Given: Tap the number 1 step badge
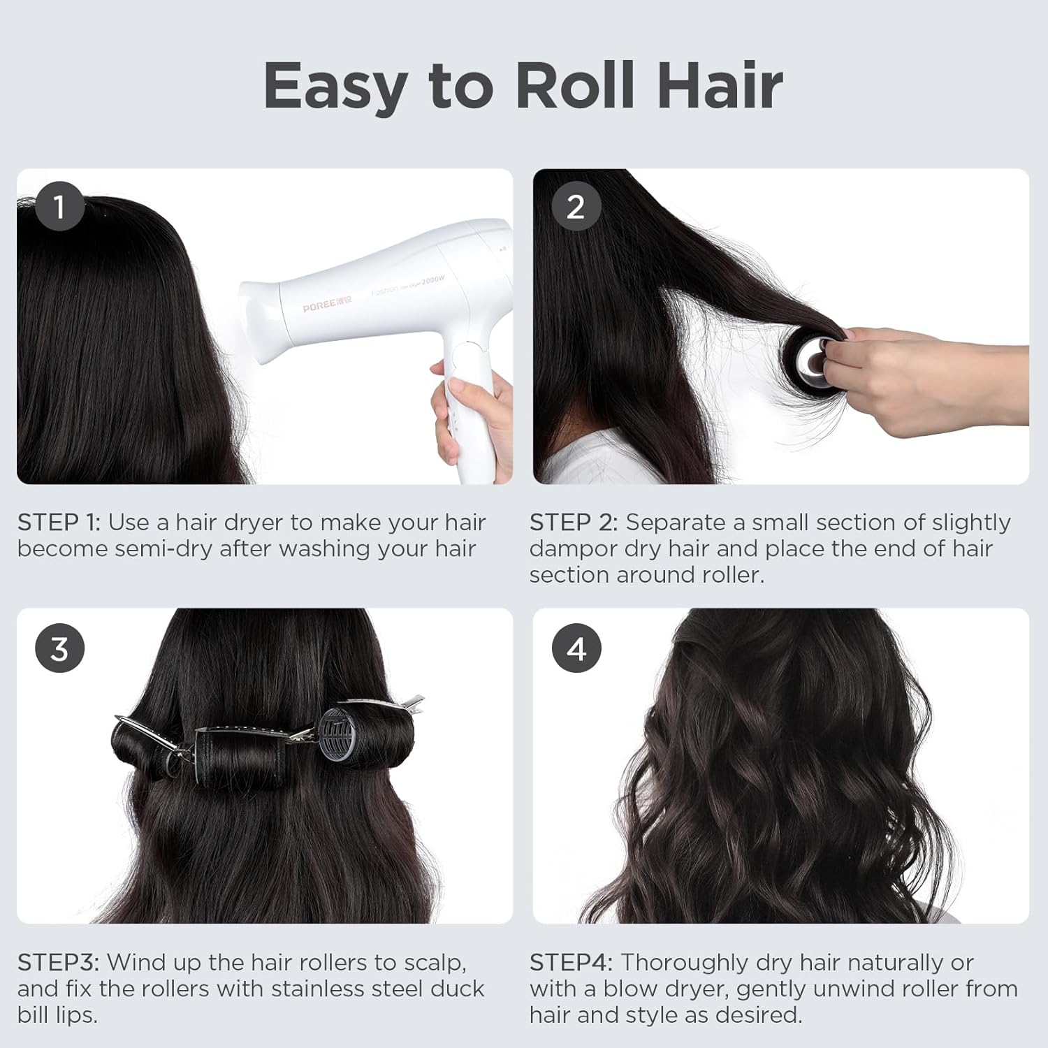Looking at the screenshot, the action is [x=59, y=206].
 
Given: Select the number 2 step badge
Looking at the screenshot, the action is [x=576, y=206].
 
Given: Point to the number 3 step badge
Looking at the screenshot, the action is [x=59, y=648].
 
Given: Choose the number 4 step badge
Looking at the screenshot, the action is [x=576, y=648].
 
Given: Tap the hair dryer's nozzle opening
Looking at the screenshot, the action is [x=255, y=321].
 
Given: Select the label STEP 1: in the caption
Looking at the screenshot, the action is [x=59, y=523].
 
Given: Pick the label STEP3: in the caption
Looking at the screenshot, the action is [x=58, y=963].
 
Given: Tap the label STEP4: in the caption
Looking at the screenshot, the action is [x=571, y=963].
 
